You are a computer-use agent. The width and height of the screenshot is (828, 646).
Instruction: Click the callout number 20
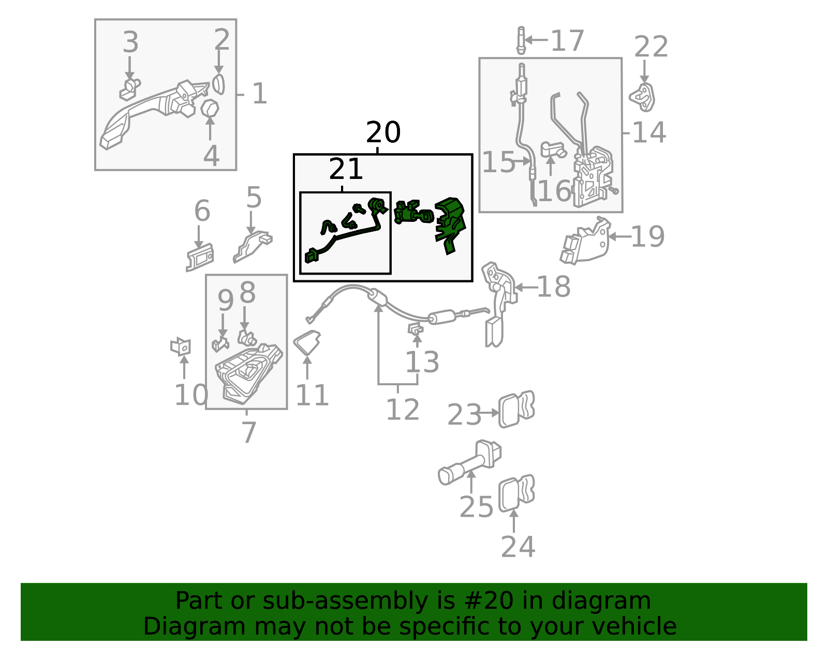383,132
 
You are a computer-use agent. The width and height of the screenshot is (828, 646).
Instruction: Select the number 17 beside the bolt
567,41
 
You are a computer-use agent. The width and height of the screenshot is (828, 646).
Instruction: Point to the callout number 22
651,47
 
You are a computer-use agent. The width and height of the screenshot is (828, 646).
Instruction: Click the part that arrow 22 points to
642,97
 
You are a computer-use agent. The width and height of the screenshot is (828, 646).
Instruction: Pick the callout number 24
518,547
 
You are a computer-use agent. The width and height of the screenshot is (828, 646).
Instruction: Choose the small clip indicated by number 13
416,328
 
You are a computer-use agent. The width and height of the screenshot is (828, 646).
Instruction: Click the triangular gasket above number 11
307,342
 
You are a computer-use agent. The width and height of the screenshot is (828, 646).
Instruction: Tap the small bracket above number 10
180,347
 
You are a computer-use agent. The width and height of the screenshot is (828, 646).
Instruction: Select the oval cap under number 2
218,84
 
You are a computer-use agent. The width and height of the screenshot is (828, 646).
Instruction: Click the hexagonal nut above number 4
210,109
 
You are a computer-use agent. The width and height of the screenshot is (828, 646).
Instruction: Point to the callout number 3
130,42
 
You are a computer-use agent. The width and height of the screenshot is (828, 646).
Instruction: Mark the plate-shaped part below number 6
200,258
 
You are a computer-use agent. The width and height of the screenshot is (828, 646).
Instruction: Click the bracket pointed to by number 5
252,246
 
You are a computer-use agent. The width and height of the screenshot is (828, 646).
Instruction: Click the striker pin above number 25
469,462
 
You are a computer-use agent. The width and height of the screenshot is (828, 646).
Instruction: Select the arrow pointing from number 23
489,413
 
